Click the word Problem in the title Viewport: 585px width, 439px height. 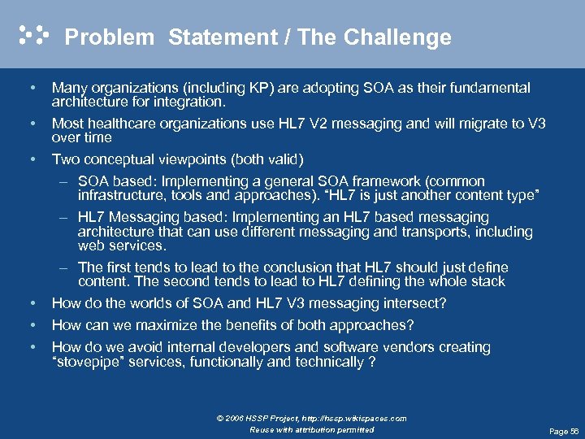(x=109, y=37)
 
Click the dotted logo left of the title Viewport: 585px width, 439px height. (x=33, y=34)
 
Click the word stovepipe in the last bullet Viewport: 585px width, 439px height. (x=90, y=363)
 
